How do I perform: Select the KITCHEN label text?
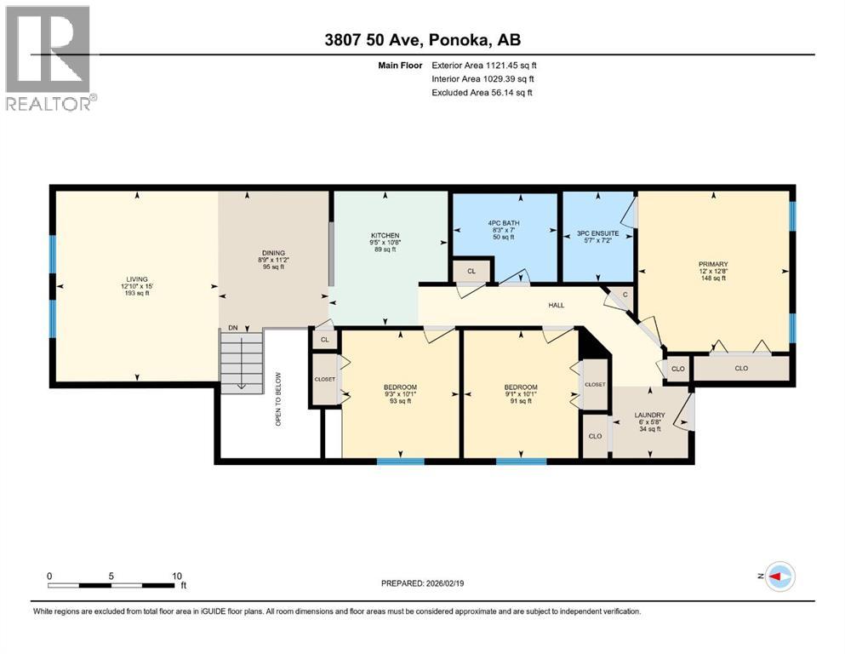[385, 236]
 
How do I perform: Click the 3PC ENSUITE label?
[598, 232]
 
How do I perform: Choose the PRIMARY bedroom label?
[713, 264]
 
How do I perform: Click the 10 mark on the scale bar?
[176, 575]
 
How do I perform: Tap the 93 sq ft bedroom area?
[400, 401]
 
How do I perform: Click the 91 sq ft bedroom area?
[520, 401]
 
